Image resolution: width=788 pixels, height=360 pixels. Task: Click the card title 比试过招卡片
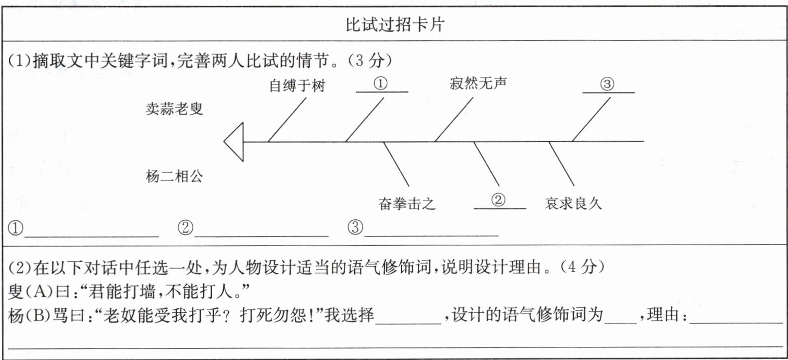tap(394, 25)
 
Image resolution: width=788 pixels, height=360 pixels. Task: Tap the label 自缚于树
tap(297, 86)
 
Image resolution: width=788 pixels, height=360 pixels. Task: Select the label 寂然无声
tap(478, 83)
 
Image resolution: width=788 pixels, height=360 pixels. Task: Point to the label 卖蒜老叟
tap(175, 109)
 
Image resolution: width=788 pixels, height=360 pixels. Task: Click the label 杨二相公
tap(175, 176)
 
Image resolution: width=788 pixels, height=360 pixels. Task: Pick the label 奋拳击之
tap(407, 204)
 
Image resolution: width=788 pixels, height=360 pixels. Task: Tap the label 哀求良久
tap(573, 203)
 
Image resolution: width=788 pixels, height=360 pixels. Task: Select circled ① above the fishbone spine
tap(380, 83)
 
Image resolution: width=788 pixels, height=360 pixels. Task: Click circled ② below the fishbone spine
tap(498, 200)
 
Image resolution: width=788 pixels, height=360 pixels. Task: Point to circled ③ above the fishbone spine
tap(607, 84)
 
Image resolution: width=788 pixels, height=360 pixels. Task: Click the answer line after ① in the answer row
tap(91, 237)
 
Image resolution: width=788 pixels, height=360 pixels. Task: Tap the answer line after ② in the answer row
tap(261, 236)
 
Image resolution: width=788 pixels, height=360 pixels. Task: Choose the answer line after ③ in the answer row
tap(431, 236)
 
